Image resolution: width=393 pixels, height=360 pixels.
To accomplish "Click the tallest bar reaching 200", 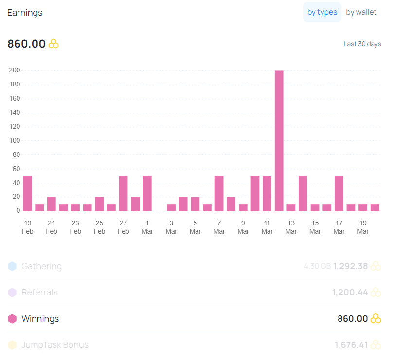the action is (x=279, y=141).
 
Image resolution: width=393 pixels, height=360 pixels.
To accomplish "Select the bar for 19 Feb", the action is (x=28, y=193).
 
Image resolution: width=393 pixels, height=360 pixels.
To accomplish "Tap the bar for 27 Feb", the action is (x=124, y=193).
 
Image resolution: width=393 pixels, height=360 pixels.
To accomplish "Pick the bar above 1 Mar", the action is (x=147, y=193).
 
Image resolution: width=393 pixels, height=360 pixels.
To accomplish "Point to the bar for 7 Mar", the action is (x=219, y=193).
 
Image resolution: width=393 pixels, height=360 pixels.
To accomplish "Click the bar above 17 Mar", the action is (x=339, y=193).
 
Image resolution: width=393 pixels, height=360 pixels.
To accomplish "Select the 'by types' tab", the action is (x=322, y=12).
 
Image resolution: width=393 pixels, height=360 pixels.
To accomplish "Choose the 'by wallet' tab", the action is (x=361, y=12).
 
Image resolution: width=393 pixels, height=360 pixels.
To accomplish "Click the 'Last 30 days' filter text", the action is (x=362, y=44).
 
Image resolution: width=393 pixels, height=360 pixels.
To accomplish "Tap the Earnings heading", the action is (x=25, y=13).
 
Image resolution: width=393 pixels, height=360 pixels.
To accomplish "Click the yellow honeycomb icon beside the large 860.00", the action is (x=54, y=44).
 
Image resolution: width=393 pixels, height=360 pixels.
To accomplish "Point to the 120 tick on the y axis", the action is (x=15, y=126).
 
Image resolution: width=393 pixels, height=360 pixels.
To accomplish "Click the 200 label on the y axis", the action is (x=15, y=70).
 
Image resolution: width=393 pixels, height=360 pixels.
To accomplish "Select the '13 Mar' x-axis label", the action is (x=291, y=227).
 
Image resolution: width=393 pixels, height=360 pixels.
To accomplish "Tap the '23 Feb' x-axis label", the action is (x=75, y=227).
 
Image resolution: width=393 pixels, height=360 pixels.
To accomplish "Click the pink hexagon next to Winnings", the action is (x=12, y=319).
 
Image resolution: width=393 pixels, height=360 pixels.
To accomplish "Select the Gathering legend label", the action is (x=42, y=266).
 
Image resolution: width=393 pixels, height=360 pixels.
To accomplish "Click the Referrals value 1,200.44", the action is (x=350, y=292).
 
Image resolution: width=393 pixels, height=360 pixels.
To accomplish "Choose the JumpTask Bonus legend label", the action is (x=55, y=345).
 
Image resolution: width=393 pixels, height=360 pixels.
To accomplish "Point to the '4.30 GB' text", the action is (x=317, y=266).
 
